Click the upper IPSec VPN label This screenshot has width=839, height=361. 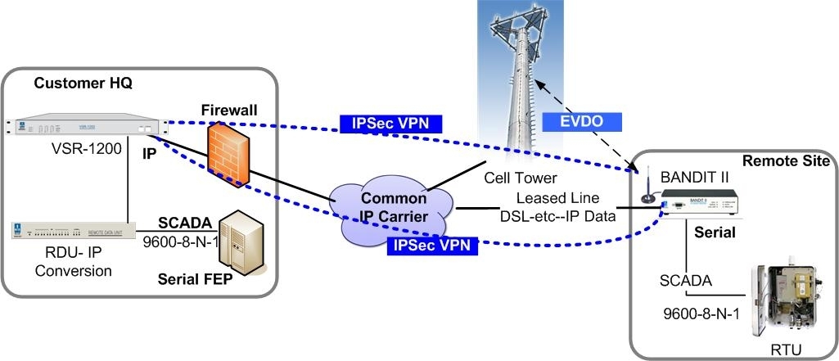tap(391, 124)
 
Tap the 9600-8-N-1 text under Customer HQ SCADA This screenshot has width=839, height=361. tap(178, 242)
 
